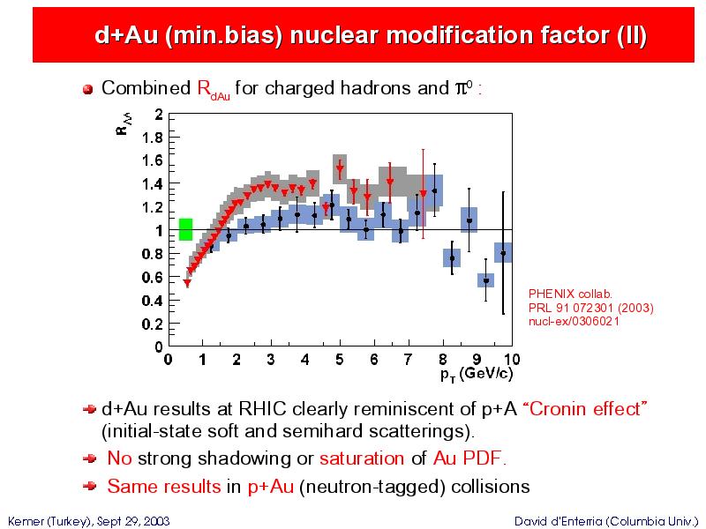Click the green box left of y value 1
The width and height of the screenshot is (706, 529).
[x=185, y=229]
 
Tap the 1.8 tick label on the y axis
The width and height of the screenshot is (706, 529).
[x=152, y=138]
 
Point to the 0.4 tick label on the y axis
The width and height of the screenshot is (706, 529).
[x=152, y=301]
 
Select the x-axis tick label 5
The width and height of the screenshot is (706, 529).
[x=340, y=360]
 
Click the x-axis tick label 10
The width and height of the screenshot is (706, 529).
[x=512, y=360]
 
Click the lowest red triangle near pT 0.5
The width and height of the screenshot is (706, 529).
[x=187, y=283]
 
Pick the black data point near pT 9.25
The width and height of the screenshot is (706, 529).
[x=486, y=280]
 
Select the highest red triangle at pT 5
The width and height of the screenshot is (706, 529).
[x=340, y=169]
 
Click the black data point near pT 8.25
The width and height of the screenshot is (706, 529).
[x=452, y=258]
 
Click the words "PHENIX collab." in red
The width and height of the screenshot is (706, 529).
[x=570, y=294]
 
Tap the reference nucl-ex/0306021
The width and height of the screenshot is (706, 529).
[x=574, y=322]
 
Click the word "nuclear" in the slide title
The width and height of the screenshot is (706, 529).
[x=334, y=35]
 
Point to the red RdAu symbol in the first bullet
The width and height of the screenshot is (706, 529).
[x=214, y=90]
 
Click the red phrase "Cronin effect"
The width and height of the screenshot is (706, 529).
[x=585, y=409]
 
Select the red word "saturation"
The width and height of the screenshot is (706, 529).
[x=362, y=458]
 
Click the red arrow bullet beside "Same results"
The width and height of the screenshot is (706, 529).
[x=90, y=486]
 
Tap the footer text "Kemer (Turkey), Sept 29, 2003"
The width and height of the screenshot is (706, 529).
[x=89, y=521]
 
